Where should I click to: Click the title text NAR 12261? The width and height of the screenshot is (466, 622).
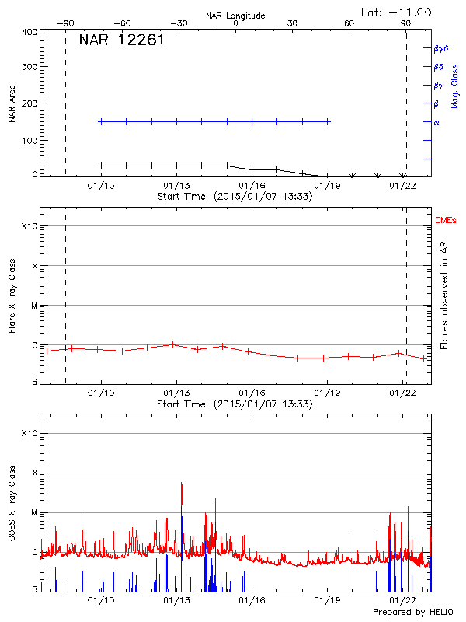coord(121,40)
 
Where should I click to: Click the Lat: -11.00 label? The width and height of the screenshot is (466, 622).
coord(397,12)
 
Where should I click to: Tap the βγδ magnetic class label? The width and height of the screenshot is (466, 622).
coord(440,48)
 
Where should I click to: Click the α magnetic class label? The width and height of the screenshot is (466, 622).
coord(436,122)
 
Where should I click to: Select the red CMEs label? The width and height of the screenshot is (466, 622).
coord(447,222)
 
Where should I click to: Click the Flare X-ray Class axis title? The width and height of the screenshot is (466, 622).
coord(12,298)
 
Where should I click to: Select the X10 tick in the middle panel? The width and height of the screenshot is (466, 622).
coord(30,226)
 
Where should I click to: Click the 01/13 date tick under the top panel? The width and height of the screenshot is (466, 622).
coord(176,186)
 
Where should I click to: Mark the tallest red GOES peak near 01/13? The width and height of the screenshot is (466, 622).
coord(181,484)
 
